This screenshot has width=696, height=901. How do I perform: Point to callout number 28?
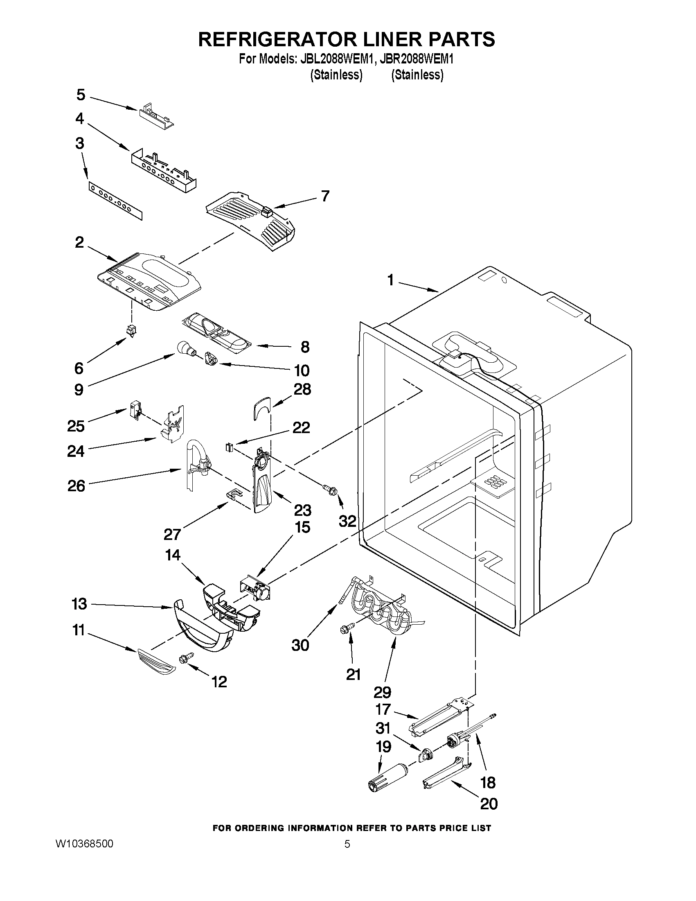click(x=302, y=389)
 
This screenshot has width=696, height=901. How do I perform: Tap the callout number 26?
click(x=76, y=486)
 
